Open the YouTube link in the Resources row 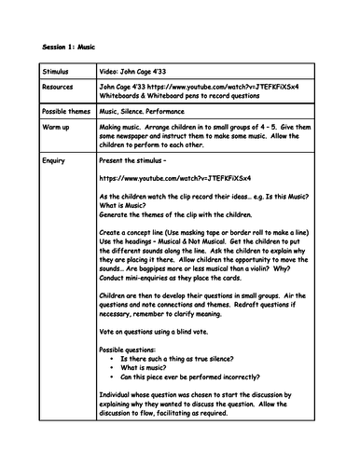232,85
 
